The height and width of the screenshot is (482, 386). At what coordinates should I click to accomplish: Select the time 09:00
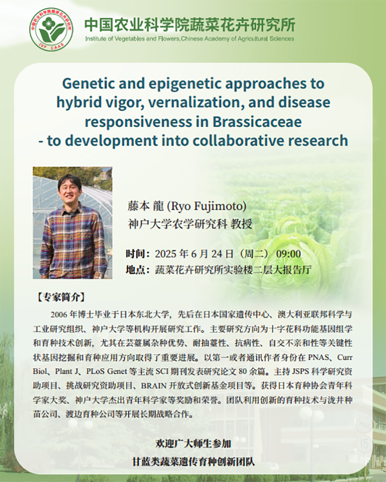click(x=288, y=254)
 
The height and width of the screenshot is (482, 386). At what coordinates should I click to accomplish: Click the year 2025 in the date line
click(x=166, y=254)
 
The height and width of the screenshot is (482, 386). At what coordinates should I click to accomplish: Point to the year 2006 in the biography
click(x=59, y=314)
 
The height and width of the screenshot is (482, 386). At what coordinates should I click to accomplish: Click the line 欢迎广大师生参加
click(x=193, y=444)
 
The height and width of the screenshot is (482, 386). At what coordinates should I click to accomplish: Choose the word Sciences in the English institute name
click(x=282, y=39)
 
